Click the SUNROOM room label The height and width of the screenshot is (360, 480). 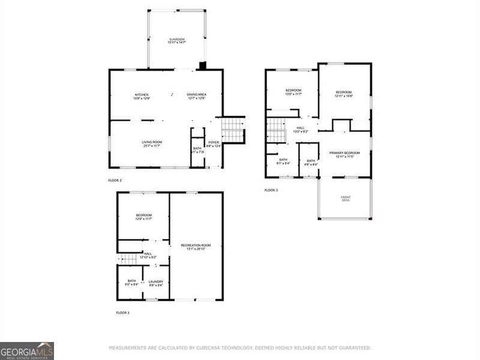[x=176, y=40]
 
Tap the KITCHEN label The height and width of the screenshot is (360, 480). [x=142, y=96]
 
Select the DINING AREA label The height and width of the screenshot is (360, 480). [x=196, y=96]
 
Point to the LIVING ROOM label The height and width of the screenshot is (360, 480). [x=152, y=143]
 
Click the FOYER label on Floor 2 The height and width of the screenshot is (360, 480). [x=214, y=144]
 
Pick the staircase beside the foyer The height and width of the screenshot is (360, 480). [x=233, y=130]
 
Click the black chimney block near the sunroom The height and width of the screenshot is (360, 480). [x=203, y=65]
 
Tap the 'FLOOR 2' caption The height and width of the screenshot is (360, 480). [x=115, y=181]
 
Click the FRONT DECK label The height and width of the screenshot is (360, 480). [x=346, y=199]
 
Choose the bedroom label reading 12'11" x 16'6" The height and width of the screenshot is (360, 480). [x=344, y=94]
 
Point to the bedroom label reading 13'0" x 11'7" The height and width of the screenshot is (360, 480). [x=293, y=92]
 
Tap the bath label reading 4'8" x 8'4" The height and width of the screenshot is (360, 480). [x=311, y=162]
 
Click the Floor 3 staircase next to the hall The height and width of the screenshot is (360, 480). [x=276, y=130]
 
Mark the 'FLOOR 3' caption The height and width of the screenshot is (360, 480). [x=271, y=190]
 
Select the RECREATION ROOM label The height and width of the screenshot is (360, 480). [x=196, y=247]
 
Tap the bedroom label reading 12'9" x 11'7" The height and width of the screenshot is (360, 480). [x=143, y=217]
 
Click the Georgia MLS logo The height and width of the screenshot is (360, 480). [x=27, y=350]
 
